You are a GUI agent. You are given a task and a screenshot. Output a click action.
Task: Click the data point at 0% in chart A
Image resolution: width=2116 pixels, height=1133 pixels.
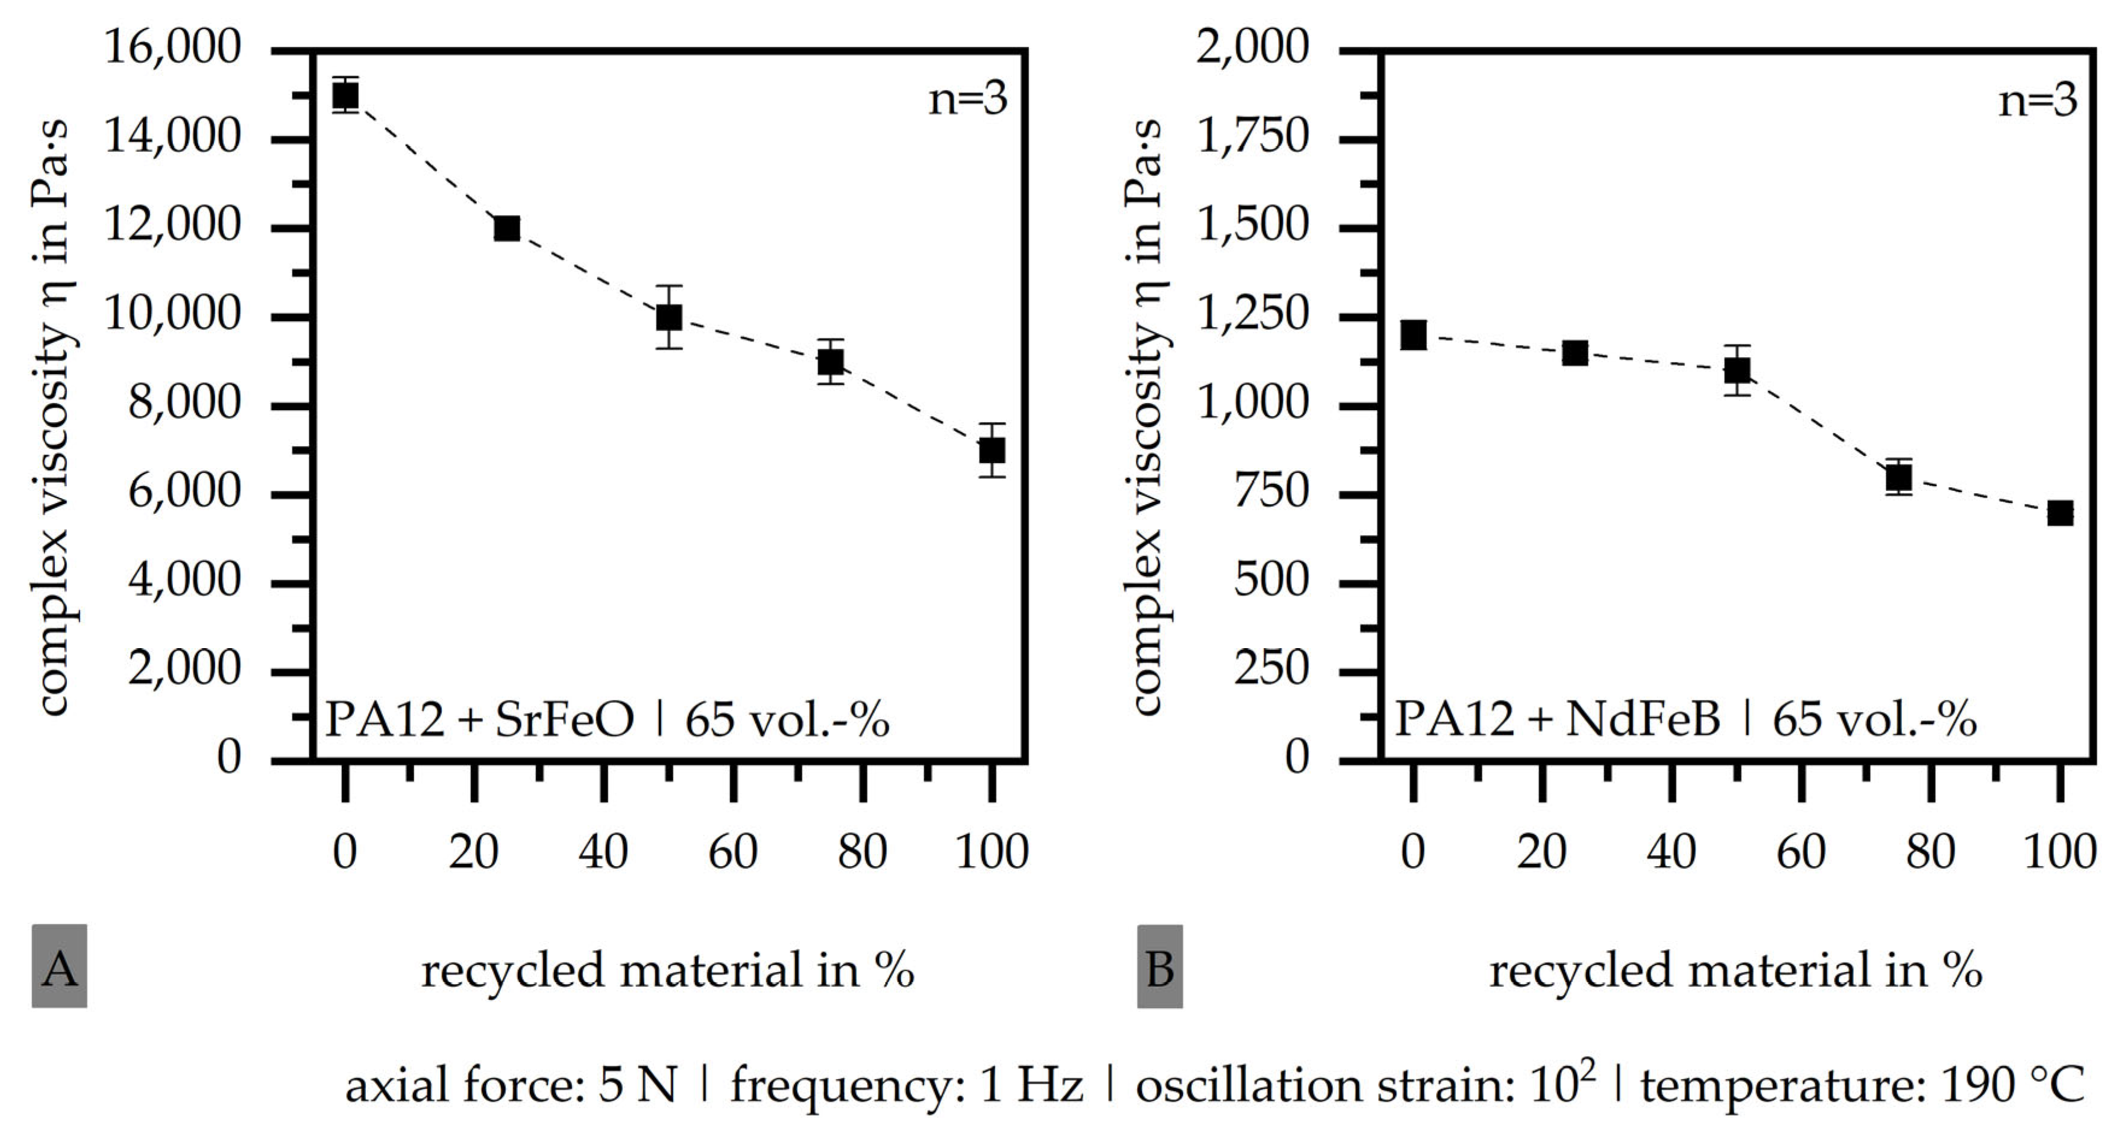pyautogui.click(x=345, y=95)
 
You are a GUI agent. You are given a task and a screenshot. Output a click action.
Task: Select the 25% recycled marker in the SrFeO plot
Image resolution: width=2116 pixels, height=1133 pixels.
pyautogui.click(x=507, y=228)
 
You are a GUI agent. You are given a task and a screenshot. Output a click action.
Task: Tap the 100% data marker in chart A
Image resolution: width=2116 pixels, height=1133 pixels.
pyautogui.click(x=992, y=450)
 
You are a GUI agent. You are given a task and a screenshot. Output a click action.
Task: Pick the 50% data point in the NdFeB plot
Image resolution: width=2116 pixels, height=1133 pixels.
pyautogui.click(x=1736, y=371)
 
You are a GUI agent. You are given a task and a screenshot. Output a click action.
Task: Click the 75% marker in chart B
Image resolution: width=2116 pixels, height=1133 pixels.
pyautogui.click(x=1898, y=477)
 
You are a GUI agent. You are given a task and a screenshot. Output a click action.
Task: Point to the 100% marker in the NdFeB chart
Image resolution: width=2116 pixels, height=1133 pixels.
pyautogui.click(x=2059, y=513)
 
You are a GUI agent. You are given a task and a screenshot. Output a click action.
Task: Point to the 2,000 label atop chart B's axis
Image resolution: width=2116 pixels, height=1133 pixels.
pyautogui.click(x=1253, y=48)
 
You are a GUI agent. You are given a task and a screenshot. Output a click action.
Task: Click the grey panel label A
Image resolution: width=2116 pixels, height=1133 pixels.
pyautogui.click(x=59, y=966)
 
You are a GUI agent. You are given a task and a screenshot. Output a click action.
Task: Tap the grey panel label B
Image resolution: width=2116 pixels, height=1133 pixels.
pyautogui.click(x=1159, y=966)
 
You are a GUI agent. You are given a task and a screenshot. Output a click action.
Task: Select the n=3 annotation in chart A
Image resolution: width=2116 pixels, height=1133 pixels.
pyautogui.click(x=967, y=100)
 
